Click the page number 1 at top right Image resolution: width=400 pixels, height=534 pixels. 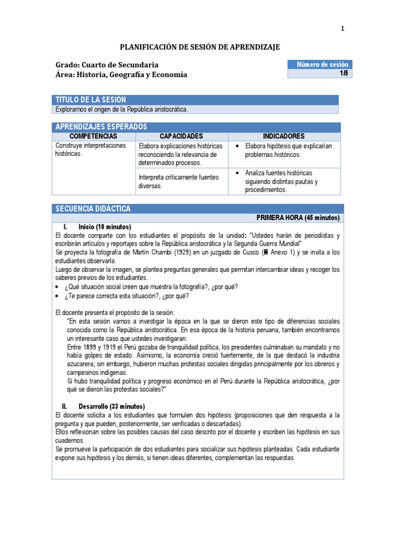(x=342, y=29)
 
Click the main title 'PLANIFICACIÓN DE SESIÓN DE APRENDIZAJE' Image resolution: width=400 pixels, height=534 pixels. (x=200, y=47)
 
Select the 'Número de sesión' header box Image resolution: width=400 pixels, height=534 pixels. (x=320, y=65)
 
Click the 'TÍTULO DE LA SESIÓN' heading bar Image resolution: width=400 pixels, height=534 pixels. (x=196, y=100)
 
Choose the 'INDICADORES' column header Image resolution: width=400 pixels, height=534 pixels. (x=284, y=136)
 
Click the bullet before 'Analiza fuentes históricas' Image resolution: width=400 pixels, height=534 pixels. (x=237, y=173)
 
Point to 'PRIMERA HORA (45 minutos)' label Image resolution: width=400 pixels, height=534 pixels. (x=298, y=217)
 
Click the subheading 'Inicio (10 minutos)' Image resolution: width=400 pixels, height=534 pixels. (x=105, y=227)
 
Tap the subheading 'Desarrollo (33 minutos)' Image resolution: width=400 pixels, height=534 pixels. (x=111, y=406)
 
